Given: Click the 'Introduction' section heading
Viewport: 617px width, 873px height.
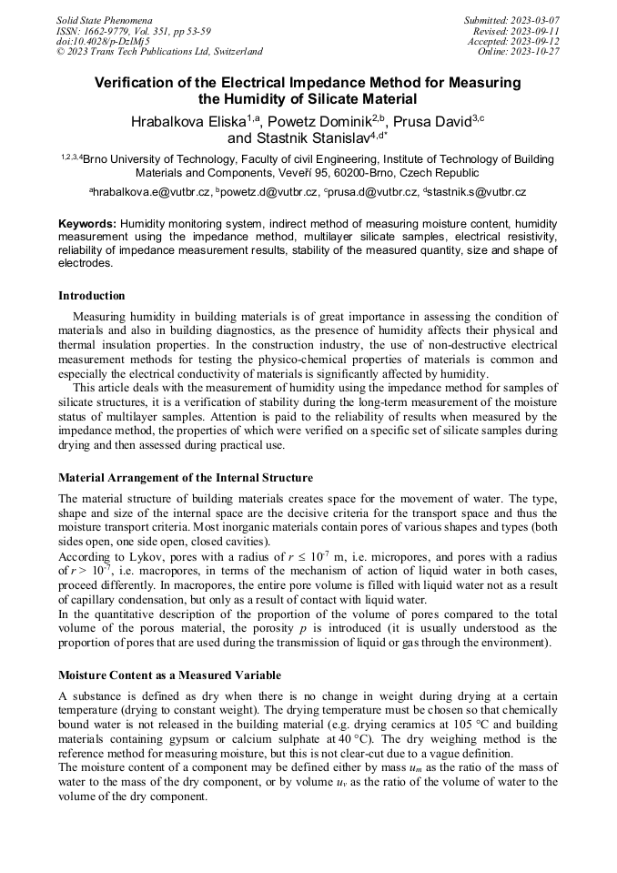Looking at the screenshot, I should [91, 296].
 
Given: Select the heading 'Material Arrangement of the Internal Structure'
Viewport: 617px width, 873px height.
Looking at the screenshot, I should [186, 478].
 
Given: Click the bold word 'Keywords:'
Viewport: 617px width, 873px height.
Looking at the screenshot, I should [87, 223].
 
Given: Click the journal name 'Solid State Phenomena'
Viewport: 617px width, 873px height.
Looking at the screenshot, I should [104, 20].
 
